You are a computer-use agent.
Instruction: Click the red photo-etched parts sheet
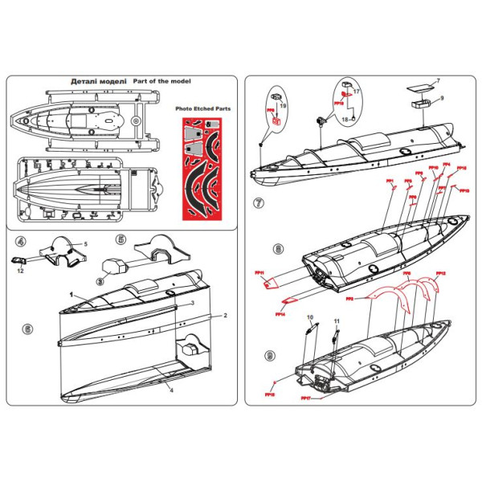202,168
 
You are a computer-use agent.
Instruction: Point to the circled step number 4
21,241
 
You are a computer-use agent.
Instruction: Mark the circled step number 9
269,354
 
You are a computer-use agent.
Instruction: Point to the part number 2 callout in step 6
226,316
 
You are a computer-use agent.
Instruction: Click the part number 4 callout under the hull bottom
171,388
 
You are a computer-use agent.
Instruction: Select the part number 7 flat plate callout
438,81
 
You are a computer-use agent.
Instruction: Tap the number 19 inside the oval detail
283,105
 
